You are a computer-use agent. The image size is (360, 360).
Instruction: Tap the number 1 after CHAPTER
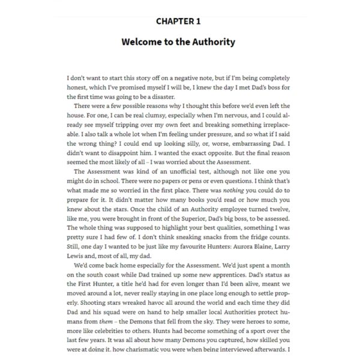coord(198,21)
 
